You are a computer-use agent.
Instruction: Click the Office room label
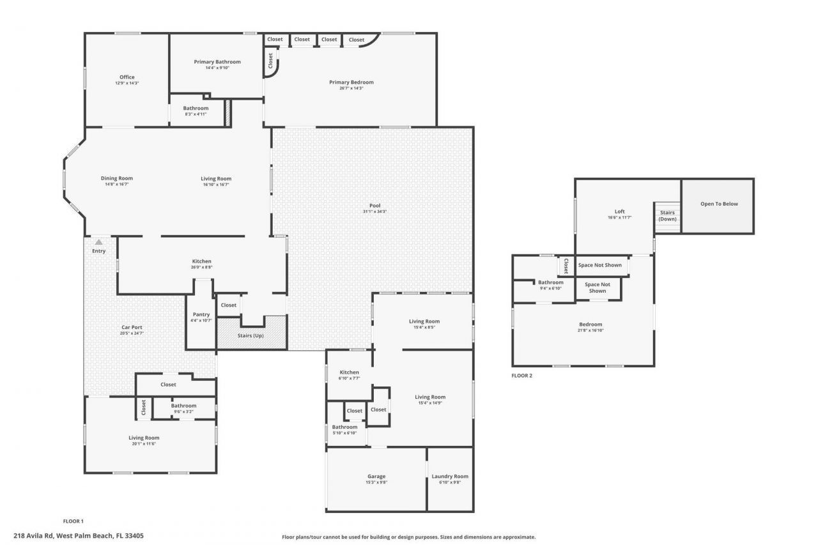pyautogui.click(x=127, y=77)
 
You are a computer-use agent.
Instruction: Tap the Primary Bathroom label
pyautogui.click(x=217, y=62)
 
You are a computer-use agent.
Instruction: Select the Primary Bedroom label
pyautogui.click(x=351, y=82)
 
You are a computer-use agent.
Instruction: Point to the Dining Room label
pyautogui.click(x=116, y=178)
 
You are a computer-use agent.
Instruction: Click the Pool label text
pyautogui.click(x=375, y=205)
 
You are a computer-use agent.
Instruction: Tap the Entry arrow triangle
pyautogui.click(x=98, y=242)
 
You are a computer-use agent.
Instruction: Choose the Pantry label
pyautogui.click(x=201, y=314)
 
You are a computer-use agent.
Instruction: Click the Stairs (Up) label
pyautogui.click(x=249, y=335)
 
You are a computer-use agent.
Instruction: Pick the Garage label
pyautogui.click(x=376, y=476)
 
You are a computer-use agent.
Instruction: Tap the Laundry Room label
pyautogui.click(x=450, y=476)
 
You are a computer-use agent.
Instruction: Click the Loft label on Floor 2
pyautogui.click(x=619, y=211)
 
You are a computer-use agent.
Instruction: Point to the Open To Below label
pyautogui.click(x=718, y=204)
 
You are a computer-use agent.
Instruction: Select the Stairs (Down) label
pyautogui.click(x=667, y=215)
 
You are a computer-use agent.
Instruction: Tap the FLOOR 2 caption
pyautogui.click(x=521, y=376)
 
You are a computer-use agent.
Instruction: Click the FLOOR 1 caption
pyautogui.click(x=73, y=521)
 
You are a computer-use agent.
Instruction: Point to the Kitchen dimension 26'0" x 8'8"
pyautogui.click(x=202, y=267)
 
